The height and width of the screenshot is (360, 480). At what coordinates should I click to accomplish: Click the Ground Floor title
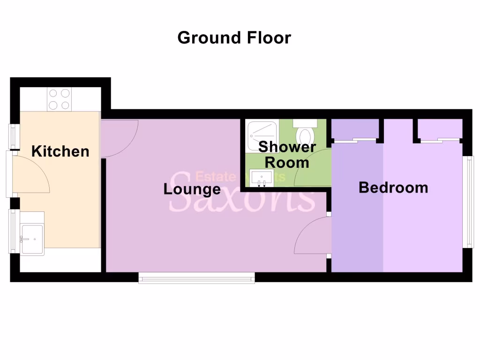(x=234, y=37)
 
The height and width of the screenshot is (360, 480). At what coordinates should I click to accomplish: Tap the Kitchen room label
(x=60, y=151)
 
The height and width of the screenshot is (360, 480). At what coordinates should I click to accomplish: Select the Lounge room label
(x=192, y=189)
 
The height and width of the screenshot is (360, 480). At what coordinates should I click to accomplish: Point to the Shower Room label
(x=287, y=155)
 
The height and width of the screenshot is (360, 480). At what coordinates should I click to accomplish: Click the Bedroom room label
(x=393, y=187)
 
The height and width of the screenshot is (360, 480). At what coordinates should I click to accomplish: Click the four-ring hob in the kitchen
(x=60, y=99)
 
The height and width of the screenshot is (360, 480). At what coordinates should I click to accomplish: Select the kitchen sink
(x=32, y=239)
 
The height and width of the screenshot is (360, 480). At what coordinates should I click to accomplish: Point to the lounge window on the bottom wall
(x=196, y=279)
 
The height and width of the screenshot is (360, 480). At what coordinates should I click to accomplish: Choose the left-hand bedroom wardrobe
(x=355, y=129)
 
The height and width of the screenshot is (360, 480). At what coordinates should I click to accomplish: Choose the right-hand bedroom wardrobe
(x=439, y=129)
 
